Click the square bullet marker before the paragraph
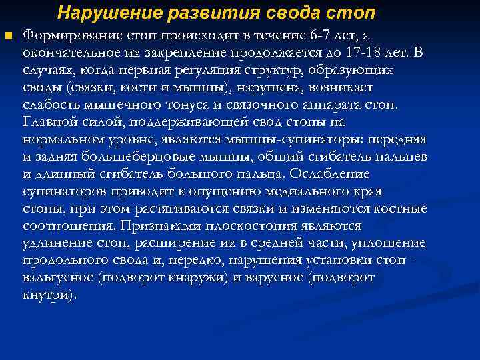click(x=7, y=35)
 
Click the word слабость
click(x=50, y=105)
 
